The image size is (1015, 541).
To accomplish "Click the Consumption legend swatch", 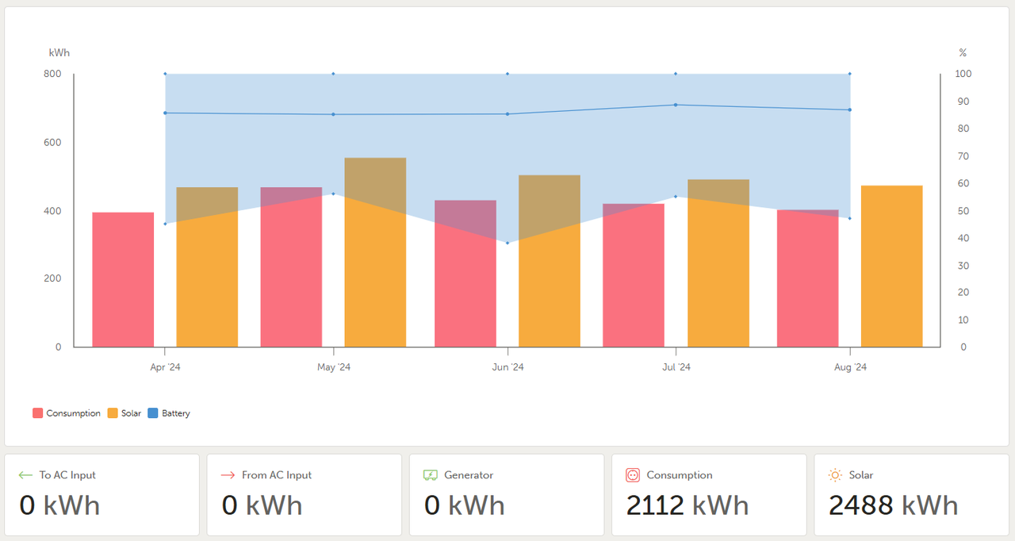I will pos(38,413).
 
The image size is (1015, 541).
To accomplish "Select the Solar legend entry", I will pos(124,413).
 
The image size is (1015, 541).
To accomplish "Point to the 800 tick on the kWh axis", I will pos(52,74).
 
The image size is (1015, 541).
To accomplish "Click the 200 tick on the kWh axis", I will pos(52,278).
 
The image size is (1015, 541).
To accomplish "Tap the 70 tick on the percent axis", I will pos(963,156).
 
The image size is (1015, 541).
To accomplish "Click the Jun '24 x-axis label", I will pos(507,367).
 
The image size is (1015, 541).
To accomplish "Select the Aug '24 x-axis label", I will pos(850,367).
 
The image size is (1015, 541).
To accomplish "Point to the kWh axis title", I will pos(59,52).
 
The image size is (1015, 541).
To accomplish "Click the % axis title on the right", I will pos(963,52).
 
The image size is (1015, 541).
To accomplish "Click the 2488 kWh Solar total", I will pos(893,505).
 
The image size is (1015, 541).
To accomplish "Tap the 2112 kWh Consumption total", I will pos(687,505).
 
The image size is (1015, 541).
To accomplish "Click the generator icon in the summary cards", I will pos(431,475).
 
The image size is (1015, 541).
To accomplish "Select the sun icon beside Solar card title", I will pos(835,475).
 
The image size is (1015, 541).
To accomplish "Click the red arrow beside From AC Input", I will pos(228,475).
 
